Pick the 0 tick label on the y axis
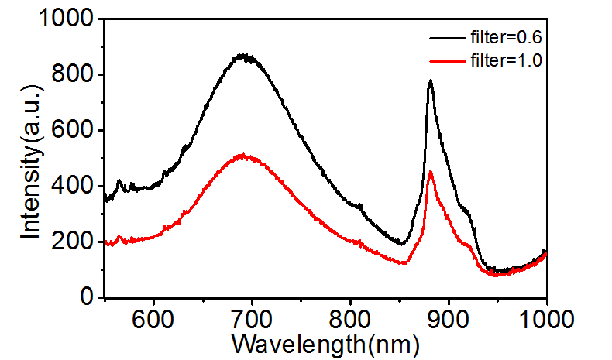[88, 298]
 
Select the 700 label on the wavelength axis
[252, 317]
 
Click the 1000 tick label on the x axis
[546, 317]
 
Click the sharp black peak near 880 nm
[430, 81]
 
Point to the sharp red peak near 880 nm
[430, 172]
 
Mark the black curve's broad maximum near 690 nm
[244, 56]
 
